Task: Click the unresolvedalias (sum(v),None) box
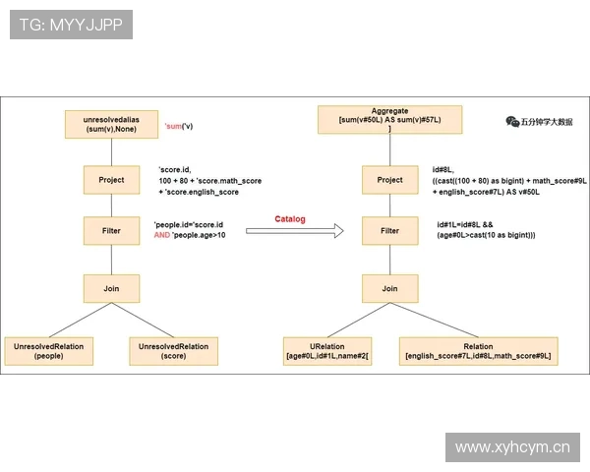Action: pyautogui.click(x=111, y=124)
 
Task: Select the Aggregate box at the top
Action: pyautogui.click(x=389, y=120)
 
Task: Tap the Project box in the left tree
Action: pyautogui.click(x=111, y=180)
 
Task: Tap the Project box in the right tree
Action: pyautogui.click(x=389, y=180)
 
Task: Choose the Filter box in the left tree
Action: pyautogui.click(x=111, y=231)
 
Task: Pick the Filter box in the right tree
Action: pyautogui.click(x=389, y=231)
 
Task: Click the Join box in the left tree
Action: pyautogui.click(x=111, y=289)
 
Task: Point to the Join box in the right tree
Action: pyautogui.click(x=389, y=289)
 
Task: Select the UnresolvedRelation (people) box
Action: pyautogui.click(x=49, y=351)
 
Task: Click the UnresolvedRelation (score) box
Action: pyautogui.click(x=173, y=351)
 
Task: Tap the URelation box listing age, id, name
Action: pyautogui.click(x=327, y=351)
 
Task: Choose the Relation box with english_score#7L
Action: pyautogui.click(x=478, y=351)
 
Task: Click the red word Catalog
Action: pyautogui.click(x=290, y=219)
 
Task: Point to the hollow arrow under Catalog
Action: pyautogui.click(x=295, y=231)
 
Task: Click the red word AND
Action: pyautogui.click(x=162, y=235)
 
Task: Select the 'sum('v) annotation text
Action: pyautogui.click(x=179, y=126)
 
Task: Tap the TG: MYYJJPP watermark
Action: pyautogui.click(x=71, y=25)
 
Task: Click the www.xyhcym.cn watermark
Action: pyautogui.click(x=512, y=447)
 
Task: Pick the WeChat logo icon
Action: pyautogui.click(x=512, y=122)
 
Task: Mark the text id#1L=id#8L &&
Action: pyautogui.click(x=465, y=225)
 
